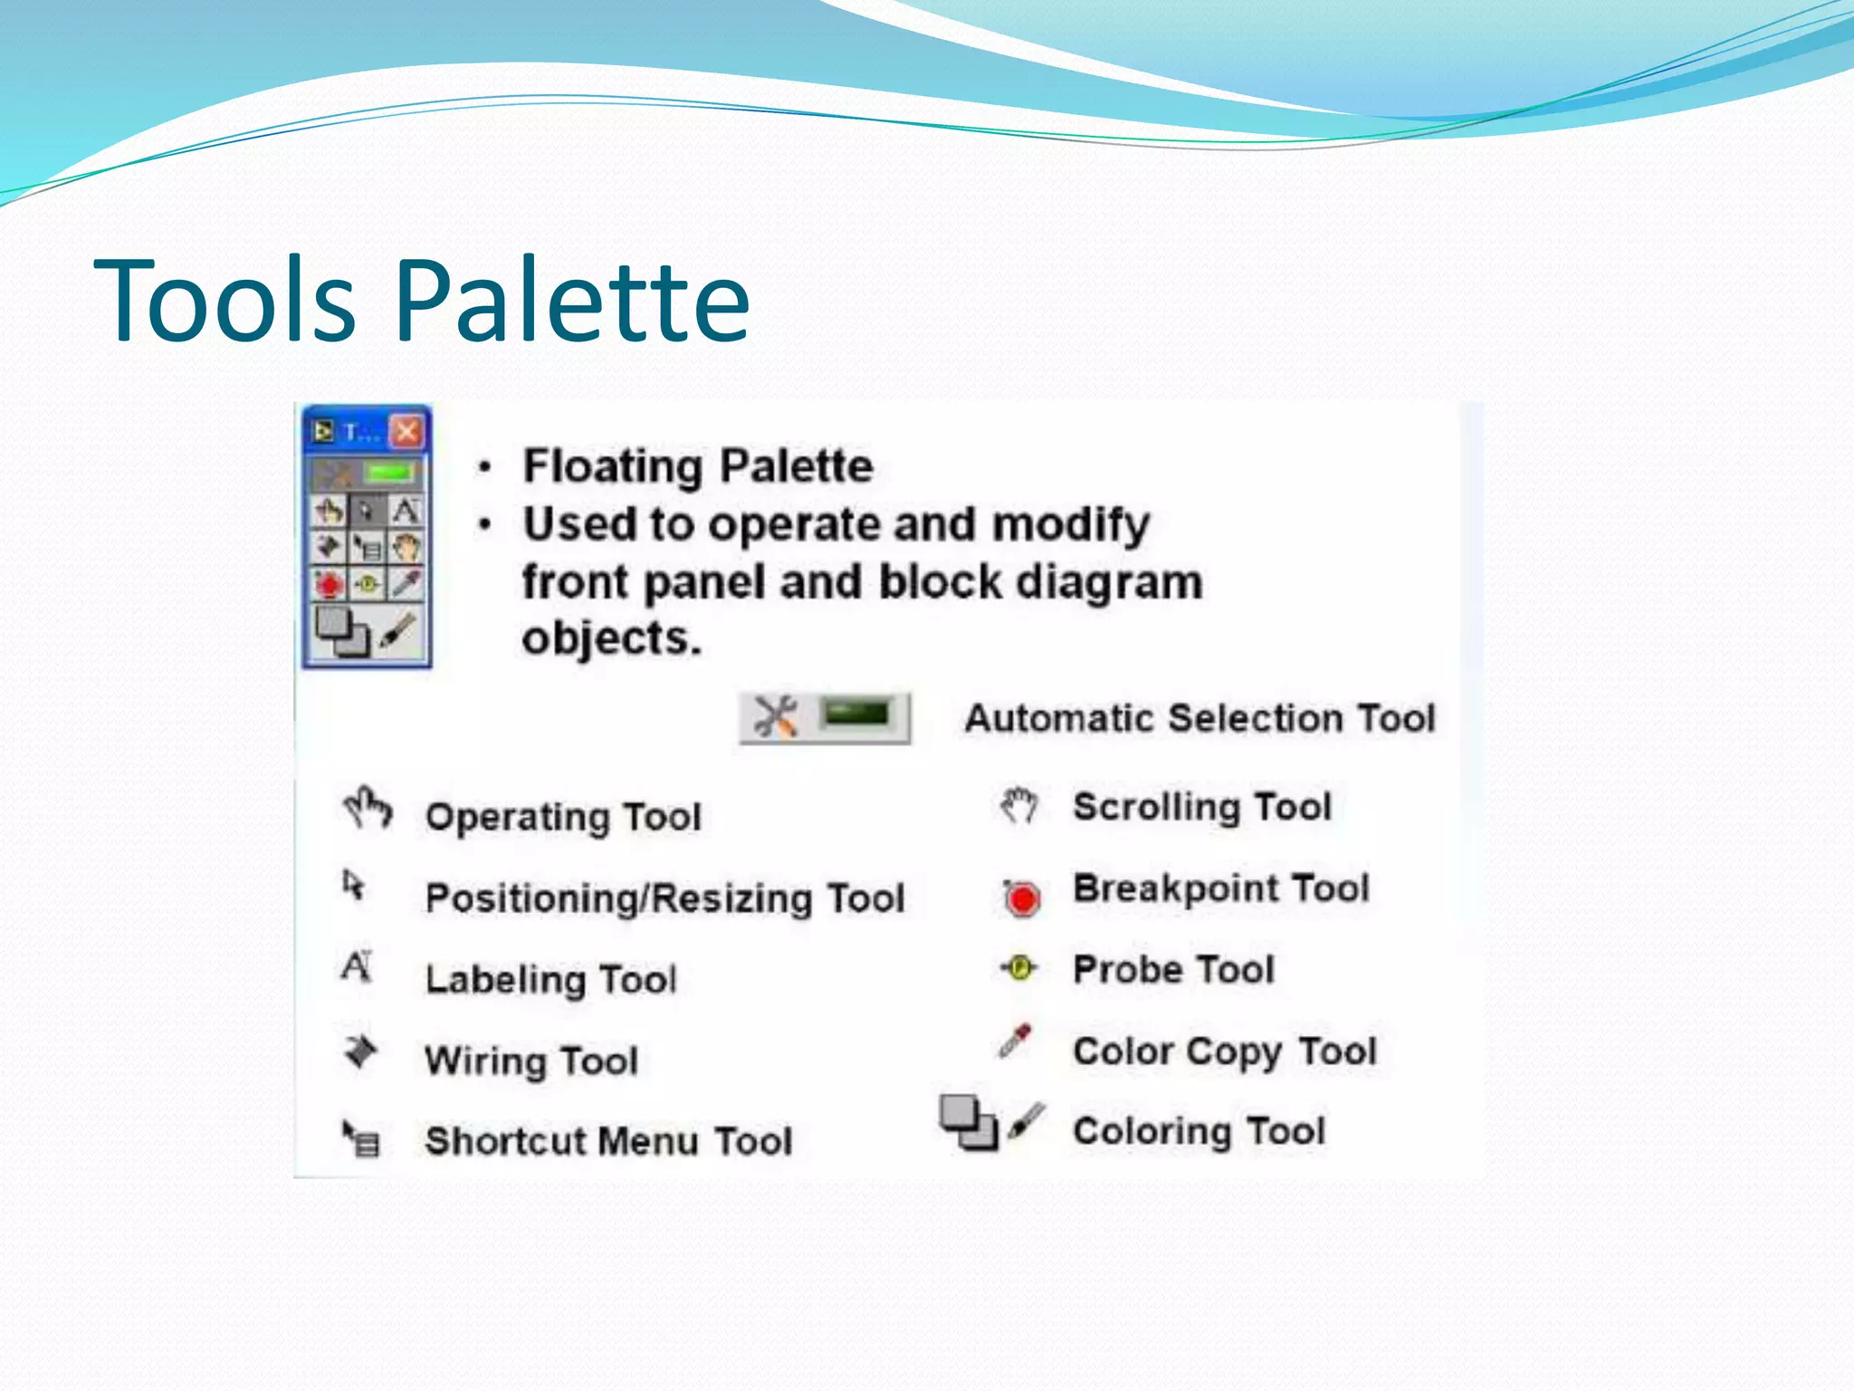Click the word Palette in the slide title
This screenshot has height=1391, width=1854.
click(572, 301)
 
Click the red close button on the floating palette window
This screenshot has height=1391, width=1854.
click(406, 431)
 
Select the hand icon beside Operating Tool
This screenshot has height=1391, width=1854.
click(367, 807)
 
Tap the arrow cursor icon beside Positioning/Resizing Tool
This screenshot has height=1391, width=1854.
click(353, 884)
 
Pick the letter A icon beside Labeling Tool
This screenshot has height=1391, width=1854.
click(357, 966)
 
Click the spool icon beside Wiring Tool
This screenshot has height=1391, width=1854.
click(360, 1051)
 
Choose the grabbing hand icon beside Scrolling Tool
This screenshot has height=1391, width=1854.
click(1019, 804)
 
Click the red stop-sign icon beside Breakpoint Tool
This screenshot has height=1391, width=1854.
click(1022, 898)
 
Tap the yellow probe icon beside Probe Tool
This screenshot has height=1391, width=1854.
click(1020, 968)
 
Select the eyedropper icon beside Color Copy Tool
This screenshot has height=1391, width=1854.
click(1015, 1041)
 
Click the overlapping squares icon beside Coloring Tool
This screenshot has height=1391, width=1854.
click(967, 1122)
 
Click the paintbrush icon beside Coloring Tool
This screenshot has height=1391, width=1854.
click(1027, 1120)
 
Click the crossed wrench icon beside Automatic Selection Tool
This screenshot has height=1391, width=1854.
click(776, 717)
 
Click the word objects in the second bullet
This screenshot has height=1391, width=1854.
click(611, 638)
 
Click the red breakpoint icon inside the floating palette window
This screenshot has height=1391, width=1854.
click(329, 584)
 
